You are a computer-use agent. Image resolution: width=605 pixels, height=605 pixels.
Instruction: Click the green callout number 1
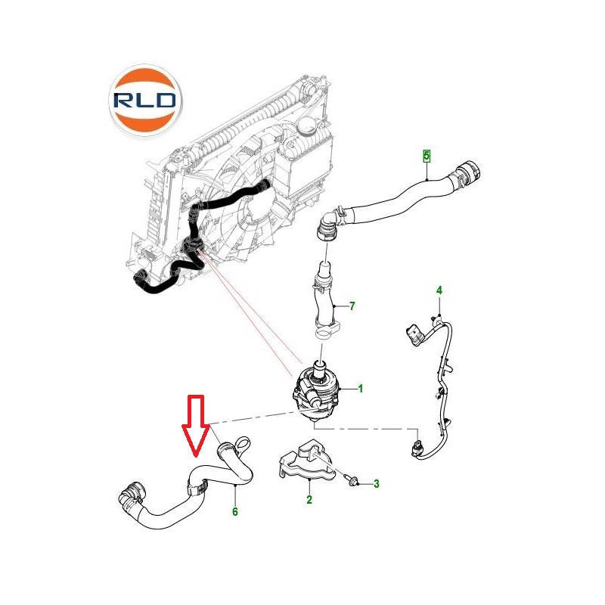(x=361, y=389)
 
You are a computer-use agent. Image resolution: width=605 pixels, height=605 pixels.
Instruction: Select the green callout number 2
(x=309, y=499)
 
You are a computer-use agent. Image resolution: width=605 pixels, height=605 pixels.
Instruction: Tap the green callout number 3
(x=376, y=483)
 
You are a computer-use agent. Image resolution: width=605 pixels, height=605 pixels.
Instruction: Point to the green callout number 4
(x=439, y=290)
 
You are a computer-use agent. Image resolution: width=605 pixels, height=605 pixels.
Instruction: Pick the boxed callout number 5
(x=427, y=156)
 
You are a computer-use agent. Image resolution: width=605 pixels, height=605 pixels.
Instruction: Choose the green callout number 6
(x=235, y=512)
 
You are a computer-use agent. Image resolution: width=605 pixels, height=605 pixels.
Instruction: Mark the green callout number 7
(x=352, y=306)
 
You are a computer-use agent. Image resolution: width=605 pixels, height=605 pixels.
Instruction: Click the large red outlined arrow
(x=196, y=425)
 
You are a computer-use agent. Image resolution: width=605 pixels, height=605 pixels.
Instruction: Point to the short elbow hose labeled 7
(x=325, y=301)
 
